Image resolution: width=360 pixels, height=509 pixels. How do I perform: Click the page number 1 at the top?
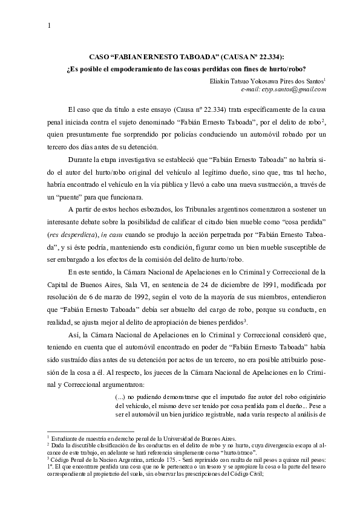pyautogui.click(x=48, y=25)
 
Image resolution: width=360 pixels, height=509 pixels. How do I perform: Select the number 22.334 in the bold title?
pyautogui.click(x=266, y=56)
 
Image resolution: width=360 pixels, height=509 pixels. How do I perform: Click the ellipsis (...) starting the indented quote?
pyautogui.click(x=120, y=395)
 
